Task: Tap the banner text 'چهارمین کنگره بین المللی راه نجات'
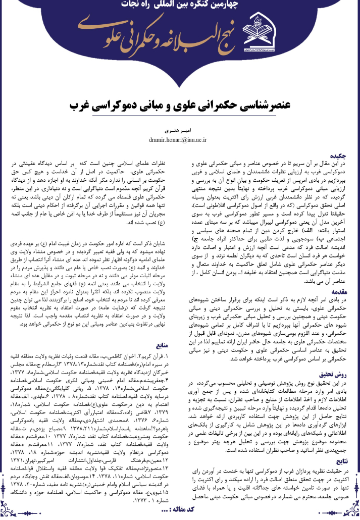pos(180,7)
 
